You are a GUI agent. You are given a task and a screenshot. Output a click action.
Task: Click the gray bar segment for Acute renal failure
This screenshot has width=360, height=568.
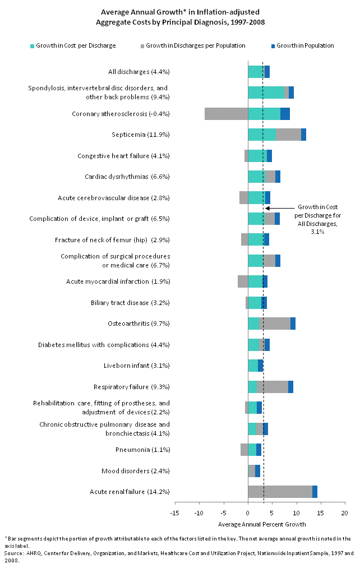tap(280, 492)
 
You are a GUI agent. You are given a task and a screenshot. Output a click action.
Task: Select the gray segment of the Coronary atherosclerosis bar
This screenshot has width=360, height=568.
tap(226, 114)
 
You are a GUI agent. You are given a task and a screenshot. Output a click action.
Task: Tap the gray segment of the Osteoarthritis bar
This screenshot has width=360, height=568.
tap(275, 324)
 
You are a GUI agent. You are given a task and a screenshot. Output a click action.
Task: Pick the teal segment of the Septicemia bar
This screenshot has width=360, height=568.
tap(262, 135)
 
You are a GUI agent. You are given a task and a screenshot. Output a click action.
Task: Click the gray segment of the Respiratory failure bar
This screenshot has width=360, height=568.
tap(273, 387)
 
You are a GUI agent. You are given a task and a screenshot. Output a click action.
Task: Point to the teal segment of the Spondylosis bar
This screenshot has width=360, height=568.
tap(266, 93)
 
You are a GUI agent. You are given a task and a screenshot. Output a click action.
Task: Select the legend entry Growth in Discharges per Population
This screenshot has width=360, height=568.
tap(195, 45)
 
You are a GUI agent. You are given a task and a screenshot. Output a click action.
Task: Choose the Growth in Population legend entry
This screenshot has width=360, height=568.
tap(305, 45)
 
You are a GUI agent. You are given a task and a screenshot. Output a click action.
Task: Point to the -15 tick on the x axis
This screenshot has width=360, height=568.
tap(174, 513)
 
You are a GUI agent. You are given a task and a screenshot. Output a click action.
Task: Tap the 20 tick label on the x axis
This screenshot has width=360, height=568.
tap(344, 513)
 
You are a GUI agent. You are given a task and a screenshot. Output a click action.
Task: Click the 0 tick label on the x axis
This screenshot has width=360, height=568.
tap(248, 513)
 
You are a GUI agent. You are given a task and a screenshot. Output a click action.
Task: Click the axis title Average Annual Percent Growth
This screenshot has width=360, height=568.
tap(261, 524)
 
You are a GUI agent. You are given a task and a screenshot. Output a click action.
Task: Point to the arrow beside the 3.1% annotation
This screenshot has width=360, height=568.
tap(278, 208)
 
